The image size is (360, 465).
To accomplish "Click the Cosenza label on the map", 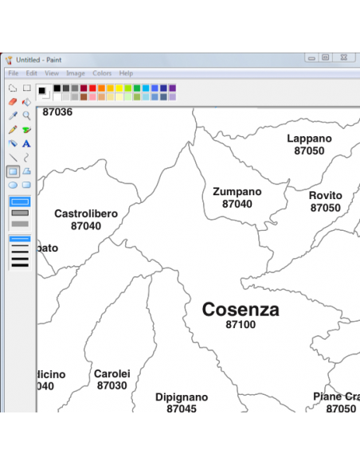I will [241, 310].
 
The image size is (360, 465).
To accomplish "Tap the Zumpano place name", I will [237, 192].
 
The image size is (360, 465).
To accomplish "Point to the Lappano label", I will [309, 139].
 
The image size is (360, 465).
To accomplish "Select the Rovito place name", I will [325, 196].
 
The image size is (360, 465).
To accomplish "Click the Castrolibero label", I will [86, 214].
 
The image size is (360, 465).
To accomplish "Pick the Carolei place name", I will [112, 374].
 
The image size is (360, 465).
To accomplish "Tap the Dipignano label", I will [182, 397].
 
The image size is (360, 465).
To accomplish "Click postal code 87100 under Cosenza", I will [241, 325].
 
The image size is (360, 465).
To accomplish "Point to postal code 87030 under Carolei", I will [112, 386].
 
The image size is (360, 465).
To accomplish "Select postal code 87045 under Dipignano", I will [182, 409].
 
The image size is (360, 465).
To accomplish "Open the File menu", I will [14, 73].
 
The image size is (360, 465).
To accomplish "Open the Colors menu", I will [102, 73].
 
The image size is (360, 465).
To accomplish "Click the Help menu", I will [126, 73].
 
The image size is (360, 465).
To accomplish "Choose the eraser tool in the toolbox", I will [13, 102].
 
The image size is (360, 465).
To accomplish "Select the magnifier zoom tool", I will [26, 115].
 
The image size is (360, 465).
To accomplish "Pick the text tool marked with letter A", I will [26, 143].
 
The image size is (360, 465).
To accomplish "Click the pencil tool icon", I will [13, 130].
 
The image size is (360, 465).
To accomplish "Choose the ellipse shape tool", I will [13, 185].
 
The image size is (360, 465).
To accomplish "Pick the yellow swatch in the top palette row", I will [119, 88].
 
